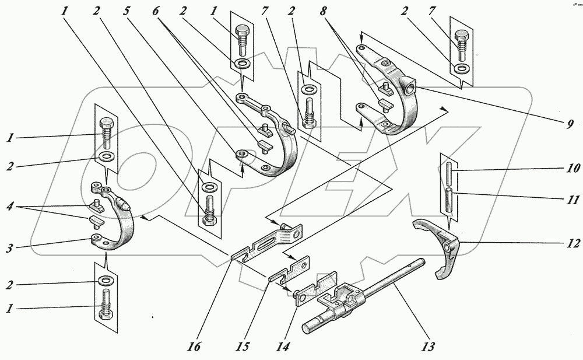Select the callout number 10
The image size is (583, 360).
click(573, 169)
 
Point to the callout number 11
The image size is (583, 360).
click(573, 200)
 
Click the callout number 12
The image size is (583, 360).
click(572, 243)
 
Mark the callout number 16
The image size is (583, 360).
click(195, 347)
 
